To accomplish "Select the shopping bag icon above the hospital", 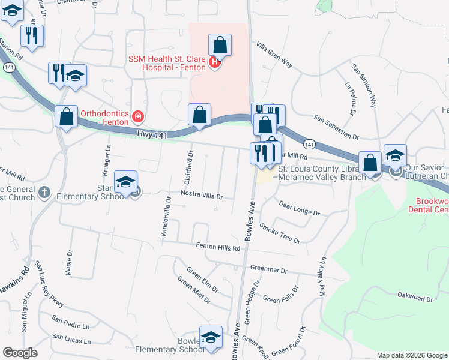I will tap(220, 45).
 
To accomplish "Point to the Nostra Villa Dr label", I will tap(202, 196).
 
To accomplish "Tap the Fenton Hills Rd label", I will tap(218, 246).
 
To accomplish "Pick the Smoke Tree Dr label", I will tap(280, 233).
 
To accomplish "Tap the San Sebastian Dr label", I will tap(336, 128).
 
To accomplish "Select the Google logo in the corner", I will tap(20, 352).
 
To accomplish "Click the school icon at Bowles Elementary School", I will tap(211, 338).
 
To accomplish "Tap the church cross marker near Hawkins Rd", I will tap(43, 193).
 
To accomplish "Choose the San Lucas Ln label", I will tap(71, 340).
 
